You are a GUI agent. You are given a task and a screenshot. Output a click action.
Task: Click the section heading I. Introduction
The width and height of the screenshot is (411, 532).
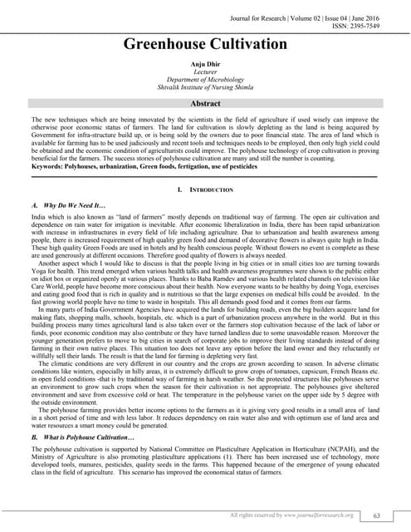click(x=205, y=190)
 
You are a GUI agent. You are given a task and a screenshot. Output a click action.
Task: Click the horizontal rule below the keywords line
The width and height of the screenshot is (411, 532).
click(x=205, y=176)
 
